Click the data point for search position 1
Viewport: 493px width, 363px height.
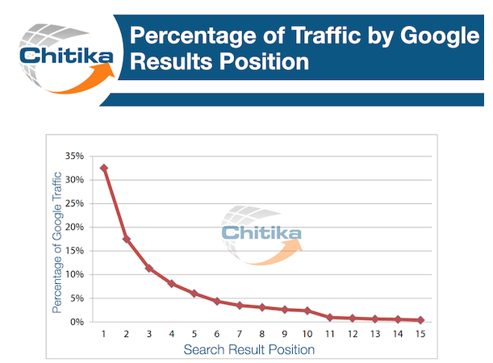coord(104,168)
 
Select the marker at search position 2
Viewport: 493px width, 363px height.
coord(127,239)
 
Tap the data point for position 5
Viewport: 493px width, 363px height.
coord(194,294)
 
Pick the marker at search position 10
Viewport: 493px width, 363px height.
coord(307,311)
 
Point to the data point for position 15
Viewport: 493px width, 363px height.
coord(420,320)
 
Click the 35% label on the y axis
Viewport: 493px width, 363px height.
coord(74,156)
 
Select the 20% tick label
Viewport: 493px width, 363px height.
coord(74,227)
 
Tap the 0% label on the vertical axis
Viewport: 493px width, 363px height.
coord(77,322)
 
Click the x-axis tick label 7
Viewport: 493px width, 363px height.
coord(240,334)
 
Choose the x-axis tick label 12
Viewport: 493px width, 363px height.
coord(353,334)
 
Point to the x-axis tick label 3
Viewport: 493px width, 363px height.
coord(149,334)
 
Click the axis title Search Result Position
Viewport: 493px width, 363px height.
coord(249,349)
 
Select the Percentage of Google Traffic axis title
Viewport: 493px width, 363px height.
coord(57,242)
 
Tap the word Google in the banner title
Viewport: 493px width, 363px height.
coord(440,36)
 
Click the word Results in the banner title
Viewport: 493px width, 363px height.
coord(171,61)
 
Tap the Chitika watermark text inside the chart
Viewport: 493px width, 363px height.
coord(261,233)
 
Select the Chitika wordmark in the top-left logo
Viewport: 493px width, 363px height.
coord(66,56)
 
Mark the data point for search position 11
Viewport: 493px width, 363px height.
coord(330,318)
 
